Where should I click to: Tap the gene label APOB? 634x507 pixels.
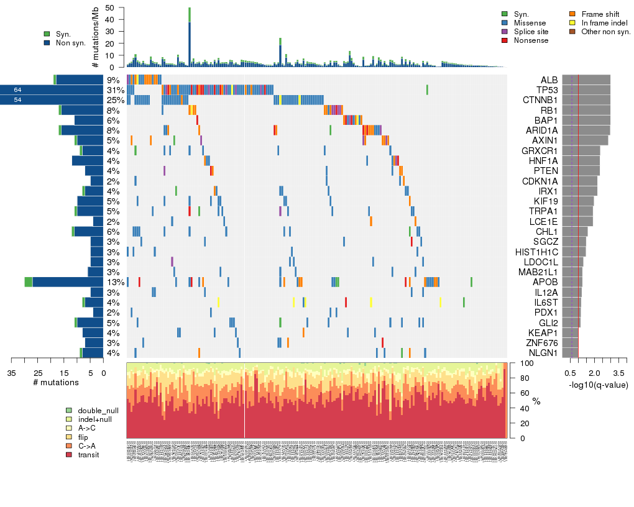546,282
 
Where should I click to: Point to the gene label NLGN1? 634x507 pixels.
544,353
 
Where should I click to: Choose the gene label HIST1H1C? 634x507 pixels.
536,252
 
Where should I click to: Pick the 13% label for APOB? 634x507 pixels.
115,282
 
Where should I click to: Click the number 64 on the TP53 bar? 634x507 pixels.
17,90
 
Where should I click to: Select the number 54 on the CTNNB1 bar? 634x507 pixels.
17,100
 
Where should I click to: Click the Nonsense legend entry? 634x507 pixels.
531,40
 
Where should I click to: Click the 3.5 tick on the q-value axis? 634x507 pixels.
618,372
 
